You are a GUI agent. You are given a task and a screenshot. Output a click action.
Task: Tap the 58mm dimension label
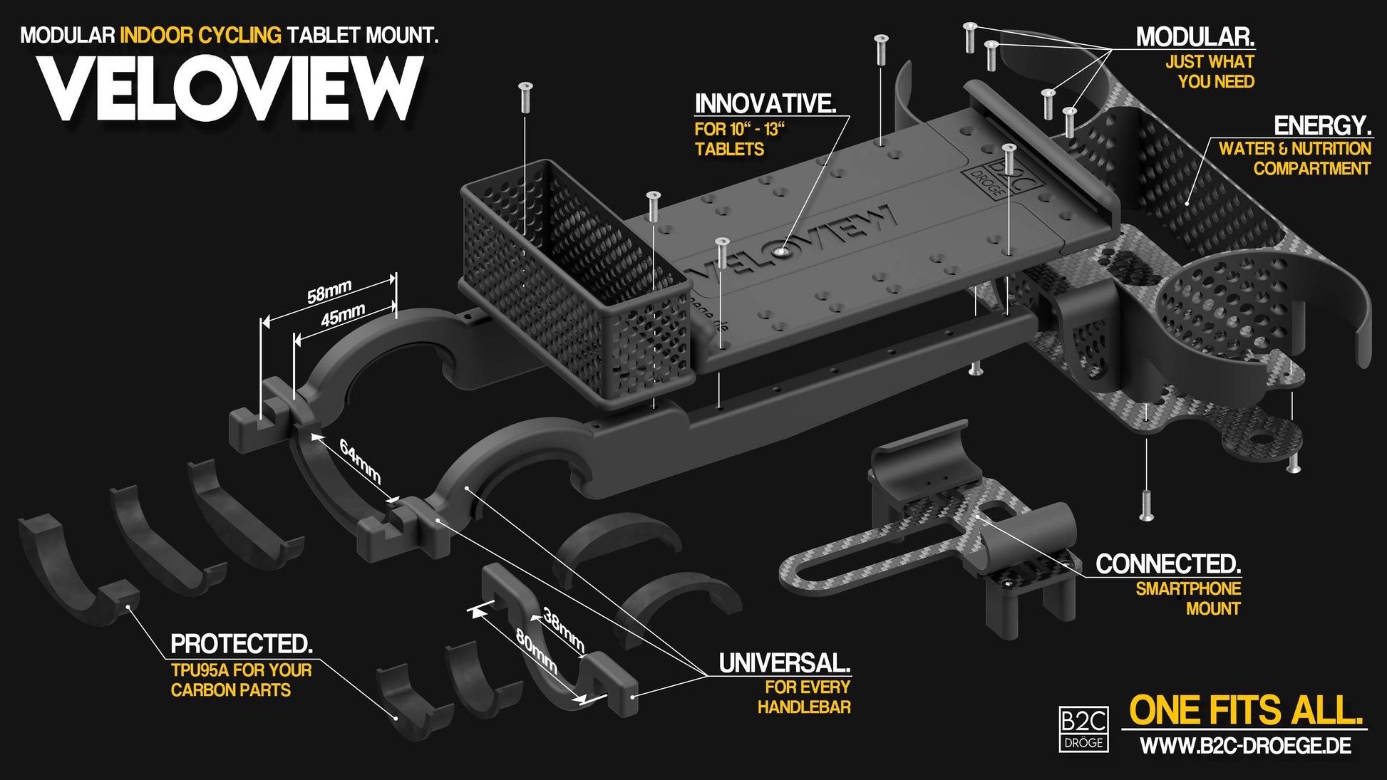329,291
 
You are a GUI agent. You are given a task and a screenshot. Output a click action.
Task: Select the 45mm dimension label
343,315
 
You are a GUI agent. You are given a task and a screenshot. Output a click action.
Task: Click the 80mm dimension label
536,652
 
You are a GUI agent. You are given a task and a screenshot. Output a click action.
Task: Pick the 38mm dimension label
564,629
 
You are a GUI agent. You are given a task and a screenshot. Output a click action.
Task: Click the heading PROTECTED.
242,644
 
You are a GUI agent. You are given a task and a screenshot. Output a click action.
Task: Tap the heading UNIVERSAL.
784,663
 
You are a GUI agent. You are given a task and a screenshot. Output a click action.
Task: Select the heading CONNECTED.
1167,564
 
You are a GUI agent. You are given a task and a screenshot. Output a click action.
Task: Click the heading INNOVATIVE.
765,104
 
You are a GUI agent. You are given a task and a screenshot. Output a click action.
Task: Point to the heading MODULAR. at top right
1195,37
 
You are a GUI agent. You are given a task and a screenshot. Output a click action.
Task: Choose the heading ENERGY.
1322,126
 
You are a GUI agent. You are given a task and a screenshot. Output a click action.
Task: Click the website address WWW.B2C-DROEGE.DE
1245,746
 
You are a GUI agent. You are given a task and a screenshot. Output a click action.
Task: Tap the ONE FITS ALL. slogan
1246,710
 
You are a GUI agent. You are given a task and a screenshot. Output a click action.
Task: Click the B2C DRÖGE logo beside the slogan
1083,729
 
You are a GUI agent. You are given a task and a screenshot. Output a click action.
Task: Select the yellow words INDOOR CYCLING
200,35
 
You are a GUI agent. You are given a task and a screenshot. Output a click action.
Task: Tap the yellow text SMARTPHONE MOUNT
1188,598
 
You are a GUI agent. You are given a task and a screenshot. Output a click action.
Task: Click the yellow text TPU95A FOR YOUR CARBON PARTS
241,680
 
